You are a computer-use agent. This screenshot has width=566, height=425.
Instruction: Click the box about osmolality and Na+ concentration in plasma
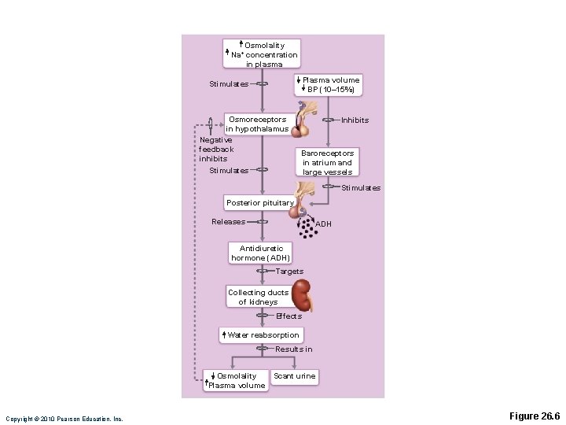click(263, 54)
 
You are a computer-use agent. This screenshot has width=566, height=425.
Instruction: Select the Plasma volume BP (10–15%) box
click(328, 85)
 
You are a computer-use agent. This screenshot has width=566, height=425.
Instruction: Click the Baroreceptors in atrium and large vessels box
click(327, 163)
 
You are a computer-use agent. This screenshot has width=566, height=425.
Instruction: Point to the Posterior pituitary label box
click(259, 203)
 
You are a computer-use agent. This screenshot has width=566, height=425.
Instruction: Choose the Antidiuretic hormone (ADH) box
click(261, 253)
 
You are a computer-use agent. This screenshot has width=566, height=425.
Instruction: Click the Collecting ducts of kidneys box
click(259, 297)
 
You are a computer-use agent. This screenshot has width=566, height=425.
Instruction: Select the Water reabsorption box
click(260, 335)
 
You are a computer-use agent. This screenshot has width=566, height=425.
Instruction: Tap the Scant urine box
click(294, 376)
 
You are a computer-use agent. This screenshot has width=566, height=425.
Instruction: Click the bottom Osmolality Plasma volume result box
click(235, 381)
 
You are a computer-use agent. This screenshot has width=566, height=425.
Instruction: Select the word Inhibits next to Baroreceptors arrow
click(355, 120)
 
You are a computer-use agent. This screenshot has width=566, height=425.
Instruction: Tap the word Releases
click(228, 222)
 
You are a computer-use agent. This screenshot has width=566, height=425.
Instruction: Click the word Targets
click(289, 272)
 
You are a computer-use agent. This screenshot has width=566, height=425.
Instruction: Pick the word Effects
click(289, 316)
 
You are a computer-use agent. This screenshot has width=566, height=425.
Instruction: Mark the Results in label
click(293, 349)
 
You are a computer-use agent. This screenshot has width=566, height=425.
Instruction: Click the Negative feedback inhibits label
click(216, 150)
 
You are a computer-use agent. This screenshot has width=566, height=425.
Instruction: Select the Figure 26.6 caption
click(534, 416)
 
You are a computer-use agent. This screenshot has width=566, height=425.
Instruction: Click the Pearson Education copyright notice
click(64, 419)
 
